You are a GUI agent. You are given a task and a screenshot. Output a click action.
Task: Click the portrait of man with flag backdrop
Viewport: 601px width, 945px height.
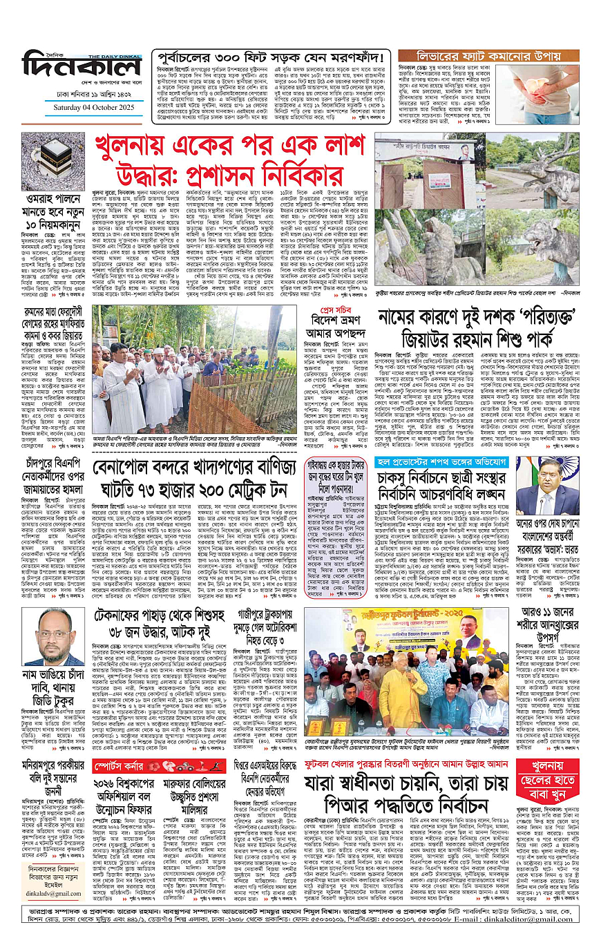[547, 485]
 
